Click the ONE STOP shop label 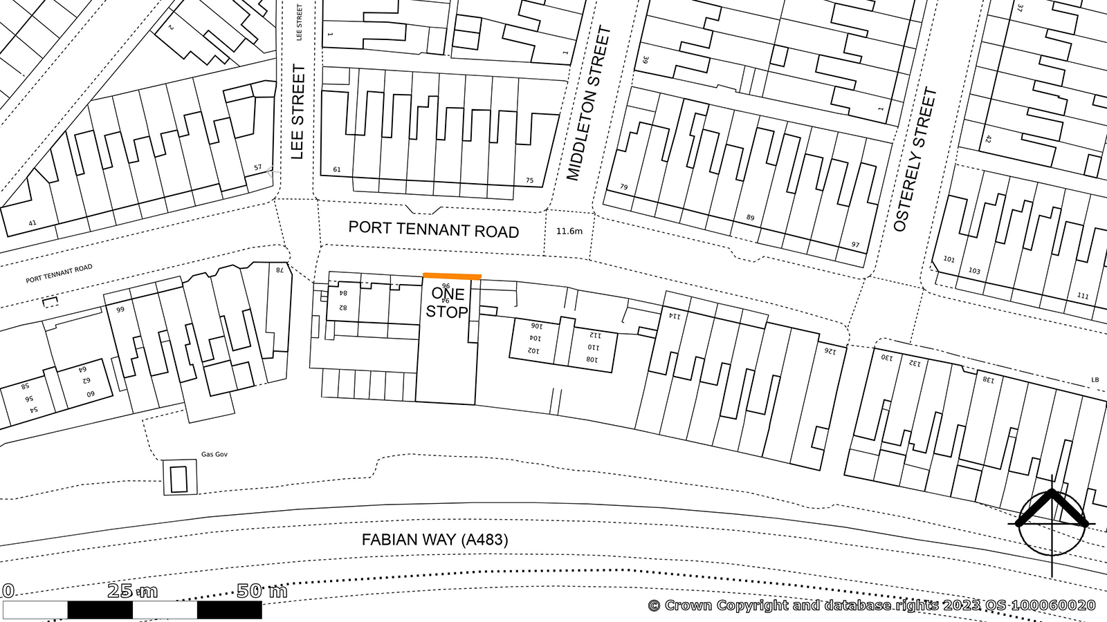(447, 303)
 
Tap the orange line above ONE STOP (452, 276)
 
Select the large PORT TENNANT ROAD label (433, 229)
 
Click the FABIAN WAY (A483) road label (434, 540)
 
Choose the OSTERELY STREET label (915, 159)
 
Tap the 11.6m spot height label (569, 231)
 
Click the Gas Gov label (214, 454)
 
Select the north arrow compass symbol (1052, 523)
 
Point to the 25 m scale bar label (132, 591)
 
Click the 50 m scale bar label (262, 591)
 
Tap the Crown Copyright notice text (872, 605)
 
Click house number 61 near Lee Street (337, 169)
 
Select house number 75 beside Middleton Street (529, 180)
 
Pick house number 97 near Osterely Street (856, 245)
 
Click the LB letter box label (1095, 380)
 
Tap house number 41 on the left (32, 223)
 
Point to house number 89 (750, 218)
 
